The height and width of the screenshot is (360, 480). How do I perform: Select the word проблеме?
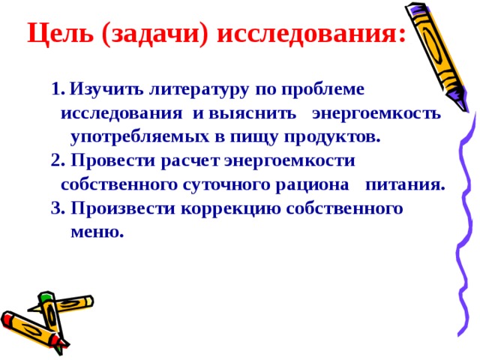click(x=327, y=90)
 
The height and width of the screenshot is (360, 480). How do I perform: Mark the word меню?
click(x=96, y=232)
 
